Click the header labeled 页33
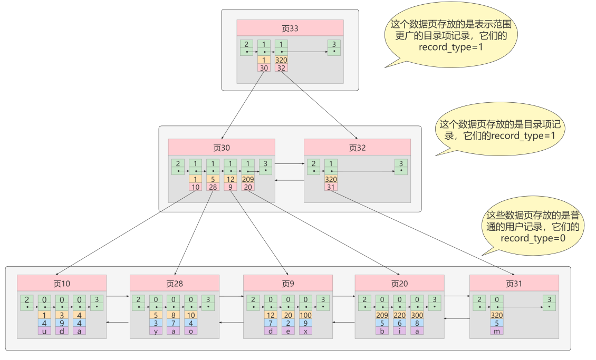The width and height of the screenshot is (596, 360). (290, 28)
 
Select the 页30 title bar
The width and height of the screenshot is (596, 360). (222, 148)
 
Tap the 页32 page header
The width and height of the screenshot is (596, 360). (357, 148)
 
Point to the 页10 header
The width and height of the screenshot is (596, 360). (62, 283)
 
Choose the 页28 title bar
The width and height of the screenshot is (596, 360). (175, 283)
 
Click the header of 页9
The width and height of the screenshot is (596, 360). (287, 283)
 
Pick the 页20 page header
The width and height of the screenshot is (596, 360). (400, 283)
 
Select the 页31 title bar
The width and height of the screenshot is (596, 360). (514, 283)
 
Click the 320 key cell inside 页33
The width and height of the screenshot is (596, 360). (281, 60)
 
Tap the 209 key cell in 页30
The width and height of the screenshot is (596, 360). (248, 179)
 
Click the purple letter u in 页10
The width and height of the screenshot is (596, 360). (44, 330)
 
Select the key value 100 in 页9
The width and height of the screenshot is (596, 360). (305, 315)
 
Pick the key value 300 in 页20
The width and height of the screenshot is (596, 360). (417, 315)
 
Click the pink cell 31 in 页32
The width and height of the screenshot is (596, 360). (331, 187)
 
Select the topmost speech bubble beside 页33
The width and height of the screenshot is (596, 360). (451, 35)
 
